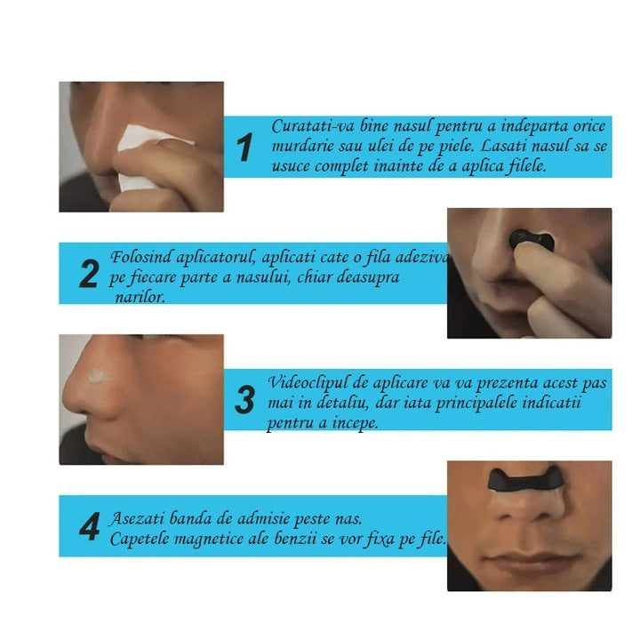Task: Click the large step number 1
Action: (244, 147)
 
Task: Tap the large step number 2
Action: (89, 274)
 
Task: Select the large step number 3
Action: (245, 400)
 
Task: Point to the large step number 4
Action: (90, 526)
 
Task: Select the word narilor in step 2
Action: (140, 297)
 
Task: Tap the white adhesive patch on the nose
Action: (97, 376)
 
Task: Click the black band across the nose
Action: (526, 479)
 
